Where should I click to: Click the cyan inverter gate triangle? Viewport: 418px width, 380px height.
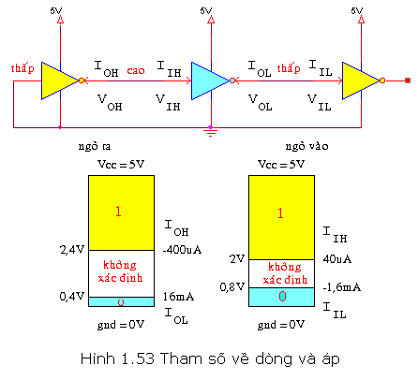208,80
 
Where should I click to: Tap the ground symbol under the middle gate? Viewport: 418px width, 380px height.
211,132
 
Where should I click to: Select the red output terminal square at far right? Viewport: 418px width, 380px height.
408,80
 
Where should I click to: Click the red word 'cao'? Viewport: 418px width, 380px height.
136,70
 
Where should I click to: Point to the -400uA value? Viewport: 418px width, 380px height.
182,250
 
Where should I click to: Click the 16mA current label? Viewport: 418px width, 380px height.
178,297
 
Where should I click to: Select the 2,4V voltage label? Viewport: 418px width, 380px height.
72,250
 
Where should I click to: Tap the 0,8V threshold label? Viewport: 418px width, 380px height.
231,286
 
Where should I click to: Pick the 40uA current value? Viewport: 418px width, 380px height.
337,259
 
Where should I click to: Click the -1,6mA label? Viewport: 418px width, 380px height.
342,287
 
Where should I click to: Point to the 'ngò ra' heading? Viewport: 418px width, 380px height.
95,146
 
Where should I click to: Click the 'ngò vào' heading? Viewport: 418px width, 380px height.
307,146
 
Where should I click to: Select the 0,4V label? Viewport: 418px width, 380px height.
72,296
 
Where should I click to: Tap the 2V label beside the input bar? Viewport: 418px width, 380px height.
237,258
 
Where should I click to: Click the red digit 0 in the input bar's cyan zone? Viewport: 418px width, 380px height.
282,296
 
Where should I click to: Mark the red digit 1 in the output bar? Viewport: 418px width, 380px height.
118,212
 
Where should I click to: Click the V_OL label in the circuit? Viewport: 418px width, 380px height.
261,102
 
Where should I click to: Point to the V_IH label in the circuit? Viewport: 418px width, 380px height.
168,102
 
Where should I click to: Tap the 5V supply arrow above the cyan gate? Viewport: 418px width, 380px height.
211,20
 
